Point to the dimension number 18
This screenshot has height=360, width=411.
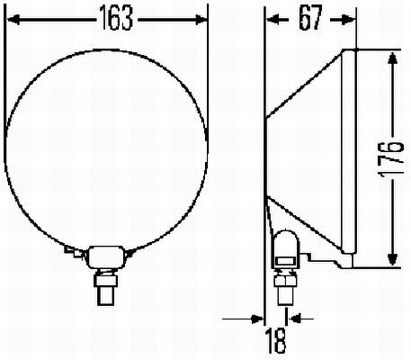[x=276, y=343]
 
